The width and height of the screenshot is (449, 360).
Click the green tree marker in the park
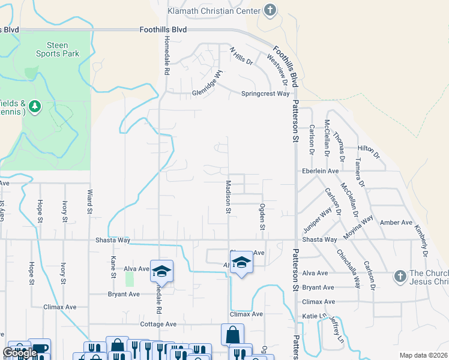click(x=35, y=107)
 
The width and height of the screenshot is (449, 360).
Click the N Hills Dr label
click(x=241, y=56)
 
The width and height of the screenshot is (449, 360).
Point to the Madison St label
click(x=228, y=197)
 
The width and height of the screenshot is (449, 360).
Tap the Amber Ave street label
click(x=396, y=223)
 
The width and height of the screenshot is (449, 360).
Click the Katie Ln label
click(x=312, y=315)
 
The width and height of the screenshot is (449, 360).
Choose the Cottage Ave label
click(x=158, y=324)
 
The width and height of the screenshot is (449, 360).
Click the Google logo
click(x=20, y=353)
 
